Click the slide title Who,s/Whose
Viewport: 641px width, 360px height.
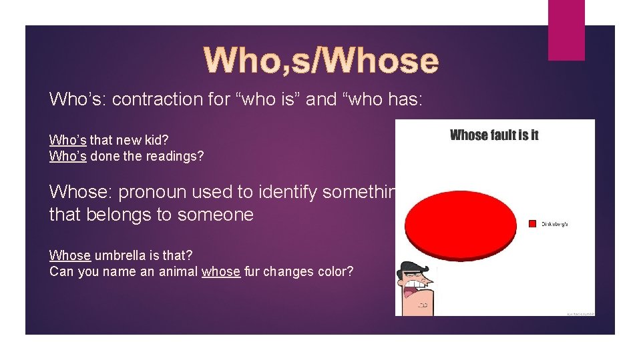(x=321, y=61)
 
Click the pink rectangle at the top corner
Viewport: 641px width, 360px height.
(x=566, y=29)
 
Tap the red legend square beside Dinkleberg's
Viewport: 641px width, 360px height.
(x=532, y=223)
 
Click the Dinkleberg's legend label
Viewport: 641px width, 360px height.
(x=554, y=224)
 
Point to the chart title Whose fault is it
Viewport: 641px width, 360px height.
(x=494, y=135)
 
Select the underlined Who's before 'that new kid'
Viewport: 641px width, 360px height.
(x=68, y=141)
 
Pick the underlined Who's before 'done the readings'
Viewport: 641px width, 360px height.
(x=68, y=157)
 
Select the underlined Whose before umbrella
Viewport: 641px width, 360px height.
(x=70, y=255)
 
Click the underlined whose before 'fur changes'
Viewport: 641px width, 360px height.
(x=220, y=272)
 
